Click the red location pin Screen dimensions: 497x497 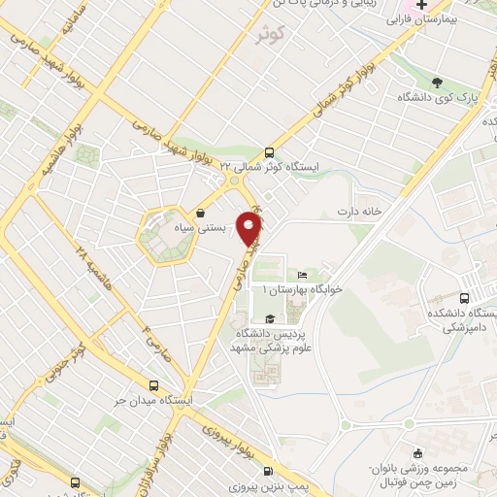tap(250, 228)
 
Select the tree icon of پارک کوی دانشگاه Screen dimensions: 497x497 tap(437, 83)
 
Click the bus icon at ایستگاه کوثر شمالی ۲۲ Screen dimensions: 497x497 tap(270, 151)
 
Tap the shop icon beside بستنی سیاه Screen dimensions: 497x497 tap(200, 213)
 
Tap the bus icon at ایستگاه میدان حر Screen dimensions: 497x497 tap(153, 384)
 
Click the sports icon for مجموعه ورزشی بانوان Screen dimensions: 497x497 tap(417, 452)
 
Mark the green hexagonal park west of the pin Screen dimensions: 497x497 tap(163, 235)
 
